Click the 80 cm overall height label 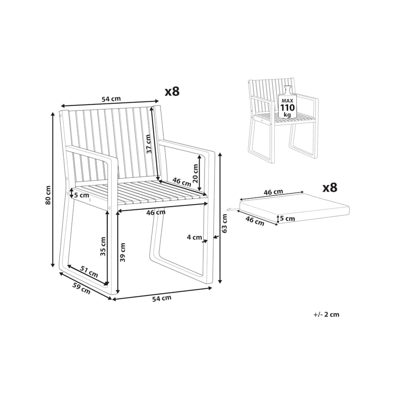pyautogui.click(x=48, y=195)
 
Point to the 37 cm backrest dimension pyautogui.click(x=148, y=144)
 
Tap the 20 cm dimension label pyautogui.click(x=195, y=173)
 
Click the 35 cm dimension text pyautogui.click(x=103, y=246)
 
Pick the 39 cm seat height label pyautogui.click(x=123, y=252)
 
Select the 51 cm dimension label pyautogui.click(x=89, y=271)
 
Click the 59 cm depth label pyautogui.click(x=82, y=288)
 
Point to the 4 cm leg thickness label pyautogui.click(x=194, y=237)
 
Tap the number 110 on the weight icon pyautogui.click(x=287, y=108)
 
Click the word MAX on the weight pyautogui.click(x=287, y=101)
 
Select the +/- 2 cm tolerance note pyautogui.click(x=326, y=315)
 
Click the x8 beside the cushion pyautogui.click(x=330, y=188)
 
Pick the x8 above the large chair pyautogui.click(x=172, y=92)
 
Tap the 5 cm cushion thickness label pyautogui.click(x=287, y=219)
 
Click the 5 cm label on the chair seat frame pyautogui.click(x=82, y=195)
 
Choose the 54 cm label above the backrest pyautogui.click(x=111, y=98)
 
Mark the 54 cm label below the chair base pyautogui.click(x=162, y=298)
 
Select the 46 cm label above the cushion pyautogui.click(x=273, y=192)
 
